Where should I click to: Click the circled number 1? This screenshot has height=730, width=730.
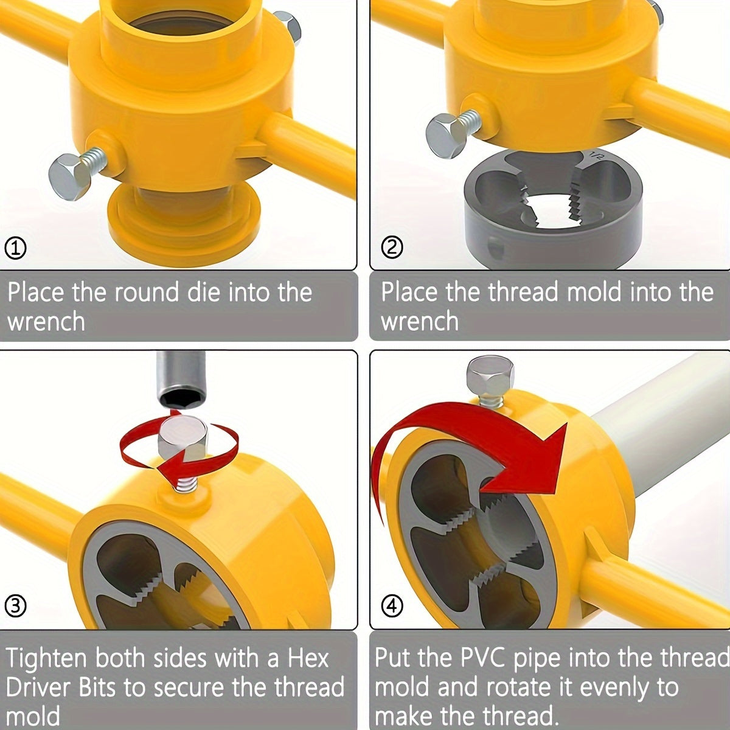pos(15,249)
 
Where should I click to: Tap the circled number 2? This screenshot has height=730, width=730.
pos(392,248)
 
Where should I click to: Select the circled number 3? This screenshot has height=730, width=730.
pos(15,606)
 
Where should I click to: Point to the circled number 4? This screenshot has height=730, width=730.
pos(392,606)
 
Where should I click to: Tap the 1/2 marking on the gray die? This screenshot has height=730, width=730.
pos(596,156)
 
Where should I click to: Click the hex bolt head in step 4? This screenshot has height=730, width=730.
pos(490,375)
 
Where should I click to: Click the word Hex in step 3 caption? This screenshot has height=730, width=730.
pos(308,659)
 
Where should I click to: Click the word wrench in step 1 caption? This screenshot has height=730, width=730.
pos(46,322)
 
